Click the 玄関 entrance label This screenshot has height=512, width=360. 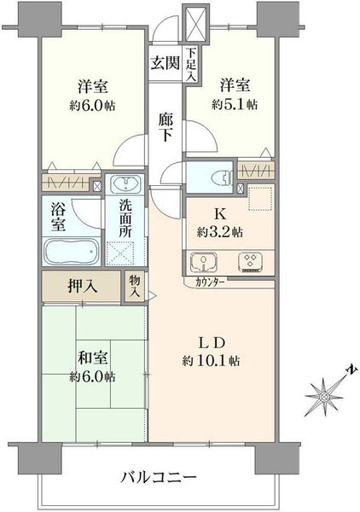pyautogui.click(x=165, y=62)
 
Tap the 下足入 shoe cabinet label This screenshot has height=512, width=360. pyautogui.click(x=191, y=64)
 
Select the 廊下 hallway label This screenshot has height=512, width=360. pyautogui.click(x=165, y=127)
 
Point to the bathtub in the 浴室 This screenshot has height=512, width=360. pyautogui.click(x=71, y=252)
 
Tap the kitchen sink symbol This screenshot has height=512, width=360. pyautogui.click(x=204, y=262)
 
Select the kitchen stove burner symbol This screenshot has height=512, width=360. pyautogui.click(x=251, y=262)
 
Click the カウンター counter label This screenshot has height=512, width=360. pyautogui.click(x=210, y=282)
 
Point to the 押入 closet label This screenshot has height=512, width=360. pyautogui.click(x=82, y=287)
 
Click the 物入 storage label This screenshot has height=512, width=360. pyautogui.click(x=135, y=286)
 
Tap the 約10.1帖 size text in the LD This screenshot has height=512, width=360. pyautogui.click(x=212, y=361)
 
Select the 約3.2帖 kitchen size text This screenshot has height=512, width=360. pyautogui.click(x=219, y=232)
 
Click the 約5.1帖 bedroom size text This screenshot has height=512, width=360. pyautogui.click(x=235, y=104)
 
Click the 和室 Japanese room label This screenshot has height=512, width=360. pyautogui.click(x=92, y=358)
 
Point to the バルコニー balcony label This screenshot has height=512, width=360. pyautogui.click(x=159, y=478)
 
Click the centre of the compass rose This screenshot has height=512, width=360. pyautogui.click(x=324, y=397)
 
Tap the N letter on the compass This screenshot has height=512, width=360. pyautogui.click(x=351, y=369)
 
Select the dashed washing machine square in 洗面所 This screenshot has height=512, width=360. pyautogui.click(x=120, y=253)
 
